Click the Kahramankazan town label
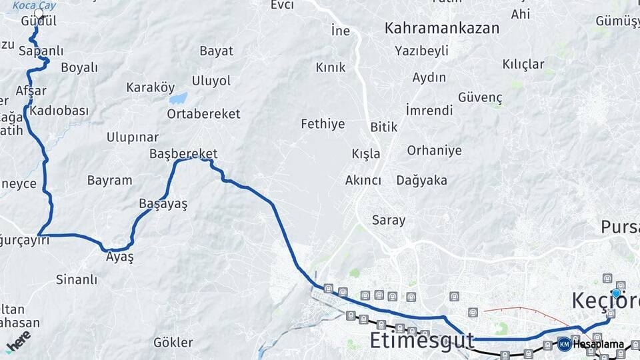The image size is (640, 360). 442,28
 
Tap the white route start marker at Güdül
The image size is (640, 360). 39,13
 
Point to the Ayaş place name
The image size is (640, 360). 120,257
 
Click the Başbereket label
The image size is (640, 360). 183,154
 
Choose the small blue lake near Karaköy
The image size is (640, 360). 178,99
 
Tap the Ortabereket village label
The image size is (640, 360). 203,114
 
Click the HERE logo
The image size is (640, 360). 18,341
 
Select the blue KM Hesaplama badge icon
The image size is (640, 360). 565,344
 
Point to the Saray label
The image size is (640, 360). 389,220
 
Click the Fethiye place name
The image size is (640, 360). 323,123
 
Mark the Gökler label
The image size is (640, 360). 173,343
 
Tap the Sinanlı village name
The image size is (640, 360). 77,279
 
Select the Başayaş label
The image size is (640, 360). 163,204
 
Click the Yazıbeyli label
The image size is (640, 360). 421,51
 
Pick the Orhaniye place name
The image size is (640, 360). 434,150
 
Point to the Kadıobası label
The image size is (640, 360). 59,111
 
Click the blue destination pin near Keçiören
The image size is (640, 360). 616,293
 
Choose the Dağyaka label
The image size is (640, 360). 421,180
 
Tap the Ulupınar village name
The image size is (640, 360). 133,137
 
